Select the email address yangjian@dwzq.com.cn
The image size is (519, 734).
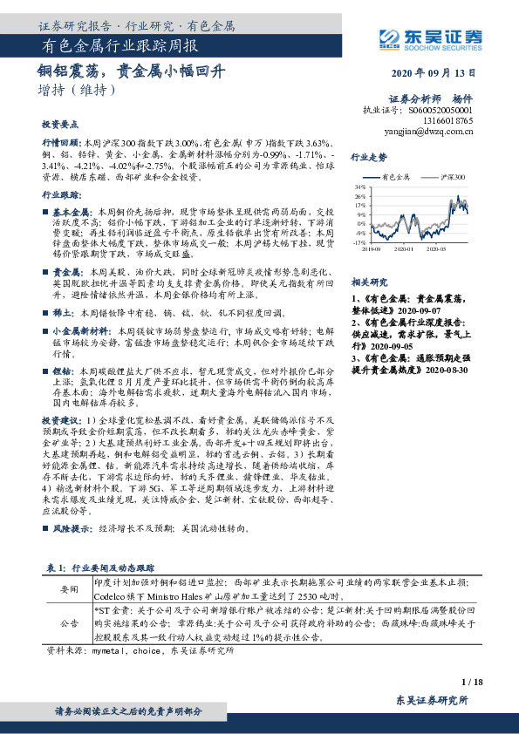(429, 133)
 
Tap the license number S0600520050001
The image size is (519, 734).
(440, 112)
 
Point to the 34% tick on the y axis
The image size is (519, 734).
(359, 187)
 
